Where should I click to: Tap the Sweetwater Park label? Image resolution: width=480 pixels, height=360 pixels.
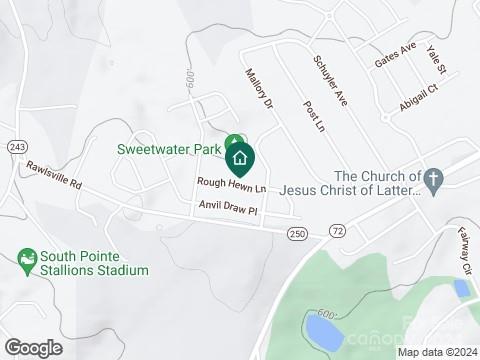point(167,150)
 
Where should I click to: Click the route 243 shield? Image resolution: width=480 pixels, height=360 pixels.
point(17,147)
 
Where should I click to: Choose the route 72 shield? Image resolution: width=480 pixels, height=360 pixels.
point(337,232)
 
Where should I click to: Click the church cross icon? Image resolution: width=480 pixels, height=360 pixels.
point(432,180)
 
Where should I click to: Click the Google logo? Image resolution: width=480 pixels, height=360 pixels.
point(33,347)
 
